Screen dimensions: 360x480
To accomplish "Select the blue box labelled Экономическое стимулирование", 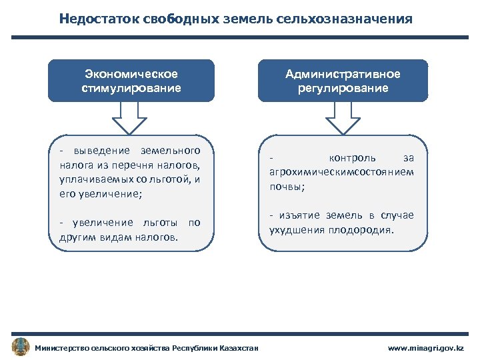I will [x=132, y=81].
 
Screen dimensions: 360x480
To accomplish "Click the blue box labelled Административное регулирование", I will [x=343, y=81].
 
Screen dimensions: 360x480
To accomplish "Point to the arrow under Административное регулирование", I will [x=343, y=117].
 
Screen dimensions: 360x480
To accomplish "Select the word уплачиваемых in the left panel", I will [x=89, y=179].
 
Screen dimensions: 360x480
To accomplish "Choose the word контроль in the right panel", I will [x=353, y=158].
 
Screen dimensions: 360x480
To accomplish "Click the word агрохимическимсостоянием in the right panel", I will [x=341, y=172].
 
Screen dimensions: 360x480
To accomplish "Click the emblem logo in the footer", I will [x=21, y=347].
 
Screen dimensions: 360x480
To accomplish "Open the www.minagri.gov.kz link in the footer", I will [x=429, y=348].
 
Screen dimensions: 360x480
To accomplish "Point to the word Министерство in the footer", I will [x=63, y=348].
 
